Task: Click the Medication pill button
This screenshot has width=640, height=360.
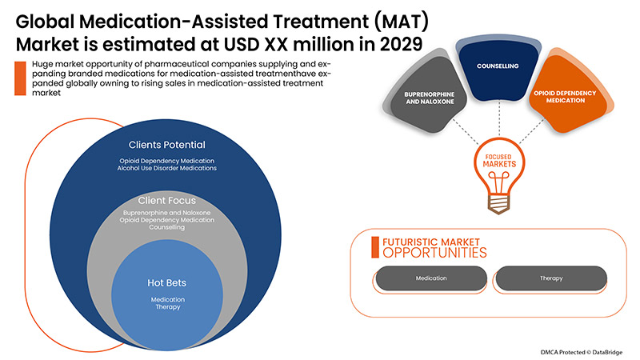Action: click(x=431, y=278)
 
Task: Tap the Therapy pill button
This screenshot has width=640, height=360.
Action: click(x=551, y=278)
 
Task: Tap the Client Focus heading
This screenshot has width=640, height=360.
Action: click(x=168, y=199)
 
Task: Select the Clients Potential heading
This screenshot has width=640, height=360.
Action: click(x=167, y=145)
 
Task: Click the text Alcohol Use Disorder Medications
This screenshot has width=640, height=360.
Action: click(x=168, y=168)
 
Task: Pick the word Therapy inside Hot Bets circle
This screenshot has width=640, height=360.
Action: click(x=168, y=308)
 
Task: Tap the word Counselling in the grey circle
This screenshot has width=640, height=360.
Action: click(x=168, y=229)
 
